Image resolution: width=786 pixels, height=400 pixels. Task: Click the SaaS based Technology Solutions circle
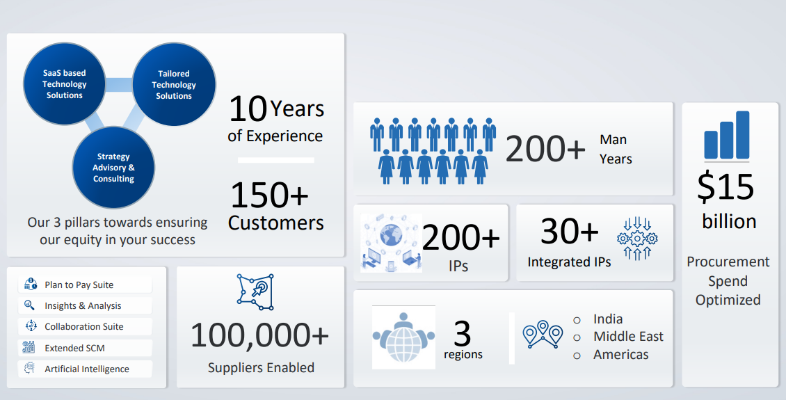click(x=65, y=83)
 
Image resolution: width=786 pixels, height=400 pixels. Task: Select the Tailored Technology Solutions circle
click(x=174, y=84)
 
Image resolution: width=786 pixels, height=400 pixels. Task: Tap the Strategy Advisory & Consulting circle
click(x=114, y=168)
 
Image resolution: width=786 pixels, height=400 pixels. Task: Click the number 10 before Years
click(x=248, y=109)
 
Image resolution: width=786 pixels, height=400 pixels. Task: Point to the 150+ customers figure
click(x=269, y=195)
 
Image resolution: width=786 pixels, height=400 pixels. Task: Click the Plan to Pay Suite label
click(x=79, y=285)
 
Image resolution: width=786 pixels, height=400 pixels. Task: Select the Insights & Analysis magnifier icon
click(x=30, y=305)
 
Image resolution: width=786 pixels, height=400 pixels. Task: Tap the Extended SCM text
click(x=74, y=348)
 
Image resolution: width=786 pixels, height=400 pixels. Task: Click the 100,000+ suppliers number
click(x=259, y=335)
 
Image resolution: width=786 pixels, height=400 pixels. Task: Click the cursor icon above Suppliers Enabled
click(x=256, y=291)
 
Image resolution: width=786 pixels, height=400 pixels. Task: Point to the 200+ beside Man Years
click(x=545, y=149)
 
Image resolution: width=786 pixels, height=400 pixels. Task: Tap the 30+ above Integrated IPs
click(x=570, y=231)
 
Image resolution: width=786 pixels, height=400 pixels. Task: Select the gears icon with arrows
click(x=637, y=239)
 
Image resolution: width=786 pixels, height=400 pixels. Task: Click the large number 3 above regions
click(x=462, y=334)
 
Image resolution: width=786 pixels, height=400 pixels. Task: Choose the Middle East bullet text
click(x=628, y=336)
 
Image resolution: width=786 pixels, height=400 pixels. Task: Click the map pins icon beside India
click(x=543, y=335)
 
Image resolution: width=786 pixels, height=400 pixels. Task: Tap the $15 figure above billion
click(x=725, y=187)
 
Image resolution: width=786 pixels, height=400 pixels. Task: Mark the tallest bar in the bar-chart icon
click(x=742, y=135)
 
